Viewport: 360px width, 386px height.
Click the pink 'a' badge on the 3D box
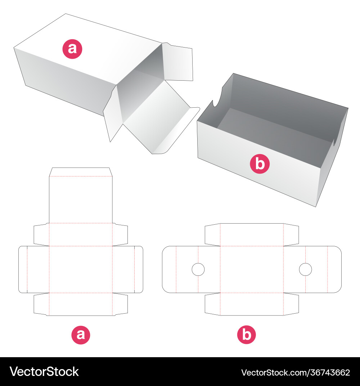point(72,49)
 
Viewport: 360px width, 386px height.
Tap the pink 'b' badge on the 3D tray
point(260,164)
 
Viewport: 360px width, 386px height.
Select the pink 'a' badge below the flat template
point(81,335)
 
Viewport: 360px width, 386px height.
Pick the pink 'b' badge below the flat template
point(246,335)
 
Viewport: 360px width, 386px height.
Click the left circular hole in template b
point(198,269)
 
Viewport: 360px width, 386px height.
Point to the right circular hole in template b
point(305,269)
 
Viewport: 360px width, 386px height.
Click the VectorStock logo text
point(44,372)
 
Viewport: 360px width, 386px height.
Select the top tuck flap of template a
point(81,172)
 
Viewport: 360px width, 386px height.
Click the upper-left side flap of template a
point(41,234)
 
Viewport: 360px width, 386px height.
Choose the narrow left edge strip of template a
point(23,269)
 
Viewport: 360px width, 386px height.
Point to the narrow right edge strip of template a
point(139,269)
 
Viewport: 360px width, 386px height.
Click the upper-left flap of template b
point(212,234)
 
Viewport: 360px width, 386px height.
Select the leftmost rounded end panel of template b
point(169,269)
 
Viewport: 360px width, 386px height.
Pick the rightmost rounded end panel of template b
point(334,269)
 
